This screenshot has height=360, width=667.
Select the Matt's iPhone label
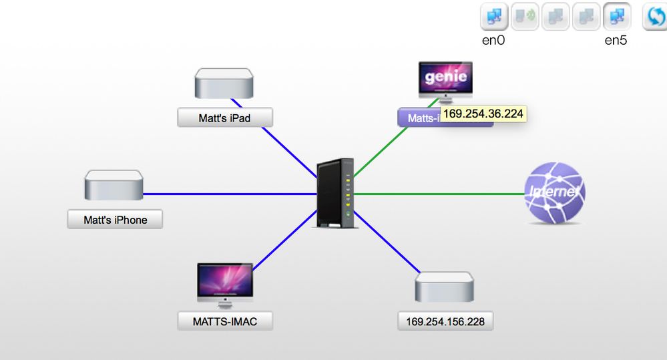[115, 219]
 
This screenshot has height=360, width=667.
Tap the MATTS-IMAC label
[224, 321]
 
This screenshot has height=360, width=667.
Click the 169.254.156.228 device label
[445, 321]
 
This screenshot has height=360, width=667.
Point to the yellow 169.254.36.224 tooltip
[483, 114]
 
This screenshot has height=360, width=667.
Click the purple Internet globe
[554, 193]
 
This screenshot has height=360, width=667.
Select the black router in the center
[336, 193]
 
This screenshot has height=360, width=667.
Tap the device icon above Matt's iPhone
[114, 185]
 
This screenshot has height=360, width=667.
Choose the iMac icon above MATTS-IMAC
[225, 284]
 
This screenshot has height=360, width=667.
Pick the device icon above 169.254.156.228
[445, 287]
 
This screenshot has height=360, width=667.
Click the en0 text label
[493, 41]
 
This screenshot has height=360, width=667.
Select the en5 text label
[616, 41]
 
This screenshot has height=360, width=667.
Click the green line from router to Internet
[441, 194]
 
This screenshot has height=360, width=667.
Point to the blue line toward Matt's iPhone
[227, 194]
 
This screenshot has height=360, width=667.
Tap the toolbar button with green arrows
[525, 17]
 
